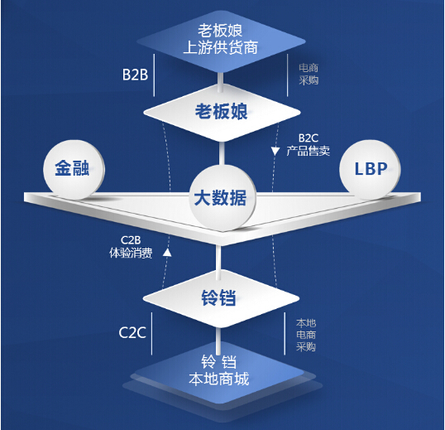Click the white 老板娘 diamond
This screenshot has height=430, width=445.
coord(221,111)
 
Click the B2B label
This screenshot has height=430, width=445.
coord(135,75)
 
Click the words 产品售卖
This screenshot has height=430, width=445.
coord(309,151)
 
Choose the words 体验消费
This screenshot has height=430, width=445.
coord(130,254)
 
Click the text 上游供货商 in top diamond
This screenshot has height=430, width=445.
coord(221,47)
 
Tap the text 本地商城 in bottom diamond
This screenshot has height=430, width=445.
coord(221,379)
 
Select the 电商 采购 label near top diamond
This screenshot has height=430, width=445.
coord(309,75)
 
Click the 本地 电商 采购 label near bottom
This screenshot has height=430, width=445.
coord(305,333)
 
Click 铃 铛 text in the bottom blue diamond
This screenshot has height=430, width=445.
coord(220,362)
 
